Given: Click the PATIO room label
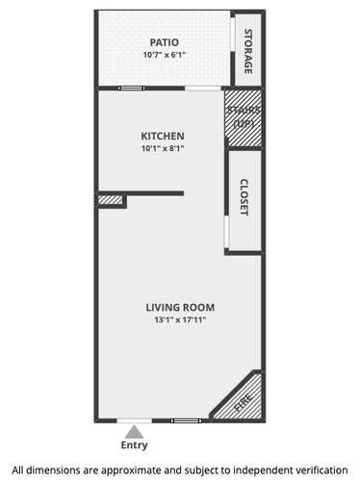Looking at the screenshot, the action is tap(165, 42).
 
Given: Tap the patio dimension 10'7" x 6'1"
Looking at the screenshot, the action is tap(165, 55).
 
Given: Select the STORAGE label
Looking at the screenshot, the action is tap(248, 52).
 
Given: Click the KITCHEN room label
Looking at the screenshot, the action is tap(163, 136).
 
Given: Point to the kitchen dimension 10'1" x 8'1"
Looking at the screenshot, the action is tap(163, 148).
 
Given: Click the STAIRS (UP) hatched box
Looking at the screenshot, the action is tap(244, 118).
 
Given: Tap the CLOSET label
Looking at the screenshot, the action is tap(244, 197).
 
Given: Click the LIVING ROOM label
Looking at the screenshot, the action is tap(180, 307).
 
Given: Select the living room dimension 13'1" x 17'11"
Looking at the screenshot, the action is tap(180, 319).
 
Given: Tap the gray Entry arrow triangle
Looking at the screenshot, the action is tap(135, 432).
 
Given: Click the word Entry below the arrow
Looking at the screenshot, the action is tap(134, 445).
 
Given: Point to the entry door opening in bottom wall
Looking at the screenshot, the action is tap(134, 420).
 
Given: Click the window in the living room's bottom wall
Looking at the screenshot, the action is tap(187, 420).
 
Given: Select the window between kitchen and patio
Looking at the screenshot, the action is tap(131, 89).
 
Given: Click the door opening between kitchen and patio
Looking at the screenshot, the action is tap(203, 89).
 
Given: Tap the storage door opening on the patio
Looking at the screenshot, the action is tap(233, 33).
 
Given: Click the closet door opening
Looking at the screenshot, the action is tap(226, 232).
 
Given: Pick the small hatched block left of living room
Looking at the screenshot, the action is tap(110, 200).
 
